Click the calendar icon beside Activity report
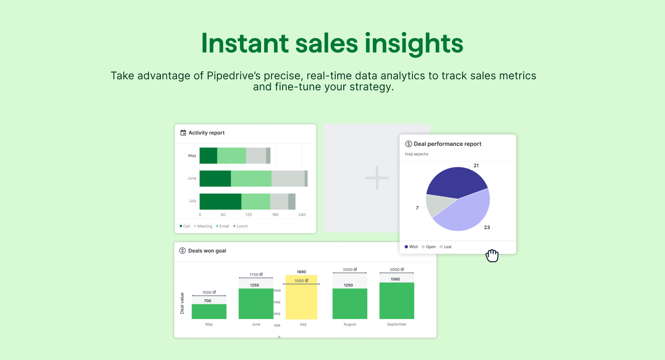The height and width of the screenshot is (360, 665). pos(183,133)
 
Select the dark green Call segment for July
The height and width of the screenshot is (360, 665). pos(220,202)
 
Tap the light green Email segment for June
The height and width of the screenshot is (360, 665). pos(251,178)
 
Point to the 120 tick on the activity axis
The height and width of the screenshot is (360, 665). pos(249,215)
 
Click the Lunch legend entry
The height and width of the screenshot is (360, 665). pos(241,226)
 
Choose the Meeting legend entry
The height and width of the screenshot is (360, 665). pos(203,226)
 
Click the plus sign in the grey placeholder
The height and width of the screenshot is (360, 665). pos(377,178)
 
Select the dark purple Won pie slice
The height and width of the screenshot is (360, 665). pos(454,182)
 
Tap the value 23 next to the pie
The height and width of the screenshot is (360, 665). pos(487,228)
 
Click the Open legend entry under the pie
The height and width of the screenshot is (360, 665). pos(428,247)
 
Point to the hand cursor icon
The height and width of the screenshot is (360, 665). pos(492,256)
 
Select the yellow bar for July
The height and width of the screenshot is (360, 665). pos(301,297)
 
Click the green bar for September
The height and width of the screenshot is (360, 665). pos(396,301)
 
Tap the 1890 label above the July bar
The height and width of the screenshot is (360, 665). pos(301,272)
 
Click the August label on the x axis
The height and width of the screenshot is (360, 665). pos(350,324)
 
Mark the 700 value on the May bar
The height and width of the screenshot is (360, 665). pos(207,301)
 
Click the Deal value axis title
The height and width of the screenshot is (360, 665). pos(182,303)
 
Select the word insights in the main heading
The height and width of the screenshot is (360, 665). pos(414,44)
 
